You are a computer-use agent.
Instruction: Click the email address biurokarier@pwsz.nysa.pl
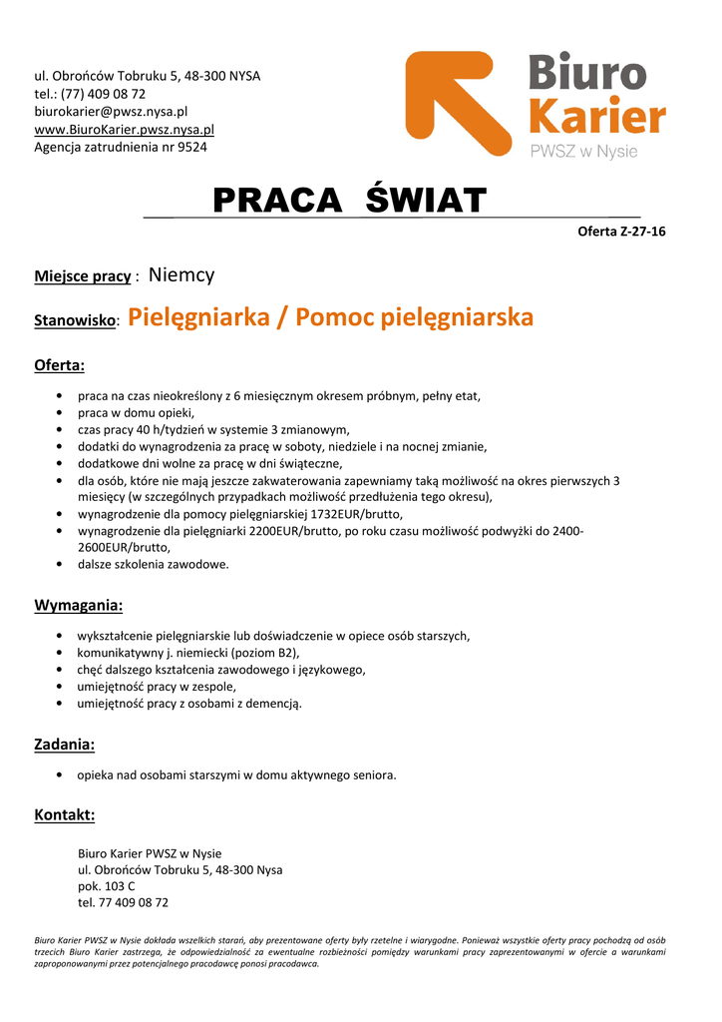[111, 112]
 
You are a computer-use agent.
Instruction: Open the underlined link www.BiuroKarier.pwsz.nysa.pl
[124, 130]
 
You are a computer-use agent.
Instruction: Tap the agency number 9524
[192, 148]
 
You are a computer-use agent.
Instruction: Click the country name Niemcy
[181, 274]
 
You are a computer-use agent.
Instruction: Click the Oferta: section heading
[60, 365]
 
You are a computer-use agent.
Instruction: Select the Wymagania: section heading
[79, 605]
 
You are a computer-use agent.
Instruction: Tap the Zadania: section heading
[65, 745]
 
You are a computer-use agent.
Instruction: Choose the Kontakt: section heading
[65, 815]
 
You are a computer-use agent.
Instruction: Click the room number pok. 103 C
[107, 886]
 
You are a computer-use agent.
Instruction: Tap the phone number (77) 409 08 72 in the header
[103, 94]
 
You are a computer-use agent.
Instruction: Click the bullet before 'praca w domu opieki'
[64, 412]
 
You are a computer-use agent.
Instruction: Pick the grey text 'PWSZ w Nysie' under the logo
[582, 152]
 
